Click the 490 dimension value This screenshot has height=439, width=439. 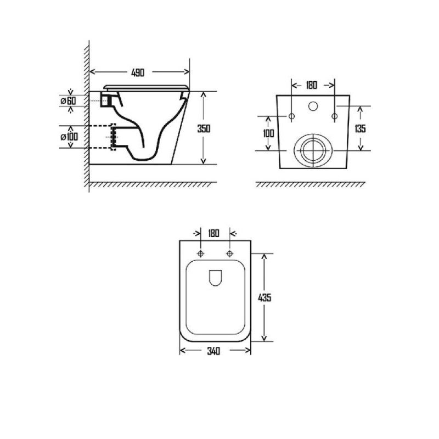pos(138,72)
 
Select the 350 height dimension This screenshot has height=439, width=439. pos(204,129)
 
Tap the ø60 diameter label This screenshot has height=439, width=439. pos(68,100)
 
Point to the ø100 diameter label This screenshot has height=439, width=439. pos(69,137)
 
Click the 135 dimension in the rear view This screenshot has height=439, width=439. pos(360,129)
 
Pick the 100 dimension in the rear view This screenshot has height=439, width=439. pos(268,133)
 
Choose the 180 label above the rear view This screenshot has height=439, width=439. pos(311,85)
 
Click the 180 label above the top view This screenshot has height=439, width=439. pos(213,233)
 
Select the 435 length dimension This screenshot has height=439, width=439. pos(264,297)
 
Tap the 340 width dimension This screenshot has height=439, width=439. pos(213,351)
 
